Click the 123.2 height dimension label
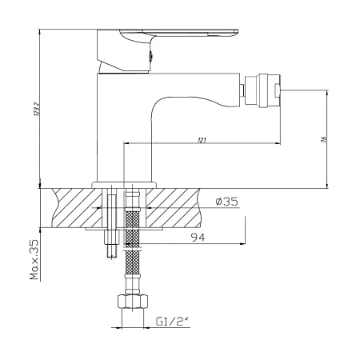pos(37,109)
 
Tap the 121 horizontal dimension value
pos(202,140)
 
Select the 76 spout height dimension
pos(324,139)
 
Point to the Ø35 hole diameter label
pos(226,202)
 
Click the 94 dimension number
pos(198,237)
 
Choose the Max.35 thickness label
pos(34,259)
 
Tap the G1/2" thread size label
pos(172,322)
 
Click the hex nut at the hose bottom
pos(132,302)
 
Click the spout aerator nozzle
pos(262,90)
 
